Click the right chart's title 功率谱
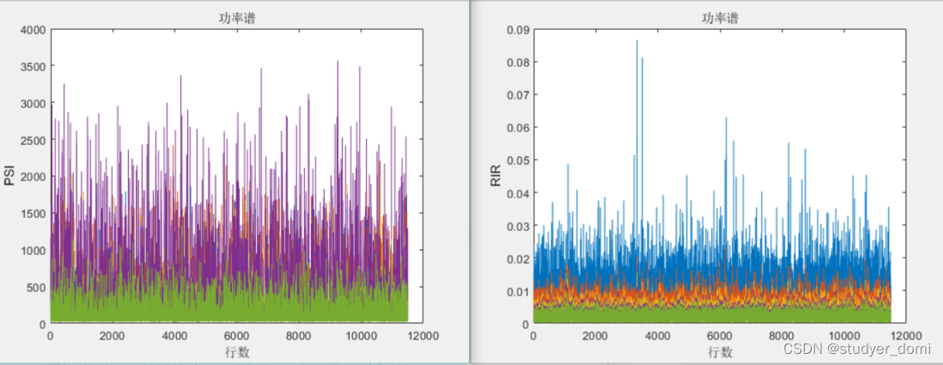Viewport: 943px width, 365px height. pyautogui.click(x=720, y=17)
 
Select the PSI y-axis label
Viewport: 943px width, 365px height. pyautogui.click(x=9, y=175)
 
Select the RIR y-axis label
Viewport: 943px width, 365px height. pyautogui.click(x=494, y=175)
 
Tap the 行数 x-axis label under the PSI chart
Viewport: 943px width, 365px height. pyautogui.click(x=236, y=351)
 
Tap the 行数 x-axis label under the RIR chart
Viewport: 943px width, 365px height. pyautogui.click(x=720, y=351)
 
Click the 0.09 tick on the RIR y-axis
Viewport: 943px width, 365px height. pyautogui.click(x=517, y=30)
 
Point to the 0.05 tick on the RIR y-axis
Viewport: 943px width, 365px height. pyautogui.click(x=517, y=161)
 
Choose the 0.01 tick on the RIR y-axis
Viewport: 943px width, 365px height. pyautogui.click(x=517, y=291)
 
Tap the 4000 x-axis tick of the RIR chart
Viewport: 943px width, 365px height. pyautogui.click(x=658, y=337)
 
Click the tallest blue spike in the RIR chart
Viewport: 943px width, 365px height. pyautogui.click(x=636, y=41)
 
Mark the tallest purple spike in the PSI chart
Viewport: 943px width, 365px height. pyautogui.click(x=338, y=62)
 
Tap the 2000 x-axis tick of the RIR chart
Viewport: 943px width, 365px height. pyautogui.click(x=595, y=337)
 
